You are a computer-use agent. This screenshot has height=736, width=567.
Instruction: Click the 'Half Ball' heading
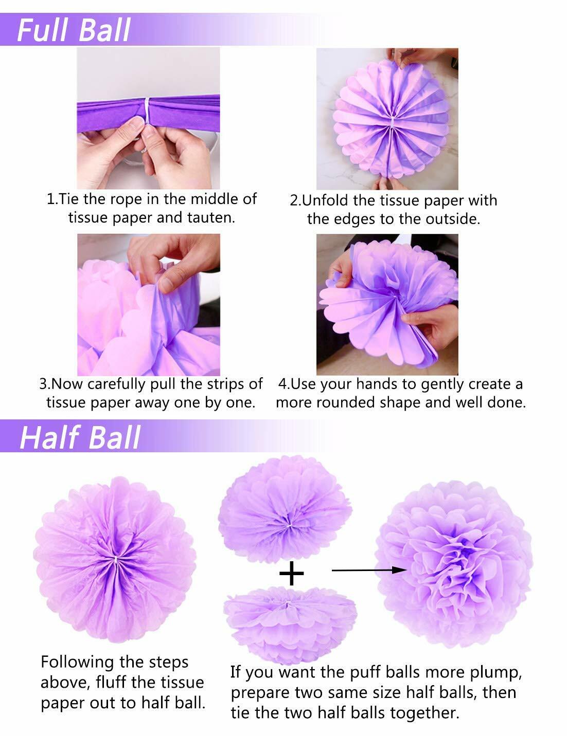[x=80, y=438]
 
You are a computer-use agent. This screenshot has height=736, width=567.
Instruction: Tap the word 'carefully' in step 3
[x=116, y=384]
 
